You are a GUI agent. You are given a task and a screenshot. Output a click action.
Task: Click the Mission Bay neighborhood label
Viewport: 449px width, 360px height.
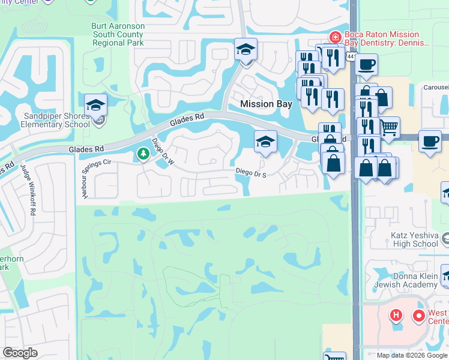click(266, 104)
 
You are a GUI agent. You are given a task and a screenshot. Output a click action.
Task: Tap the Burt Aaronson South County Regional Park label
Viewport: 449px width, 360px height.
click(118, 35)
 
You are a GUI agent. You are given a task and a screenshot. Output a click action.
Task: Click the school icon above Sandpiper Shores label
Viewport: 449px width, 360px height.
click(96, 105)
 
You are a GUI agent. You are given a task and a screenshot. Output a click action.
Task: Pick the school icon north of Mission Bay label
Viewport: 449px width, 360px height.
click(246, 49)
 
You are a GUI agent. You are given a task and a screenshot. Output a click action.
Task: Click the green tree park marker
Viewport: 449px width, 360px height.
click(143, 155)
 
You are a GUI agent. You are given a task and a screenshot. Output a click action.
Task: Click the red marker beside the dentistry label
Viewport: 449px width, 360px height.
click(335, 37)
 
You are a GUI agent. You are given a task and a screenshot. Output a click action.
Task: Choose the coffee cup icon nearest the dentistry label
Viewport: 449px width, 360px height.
click(366, 64)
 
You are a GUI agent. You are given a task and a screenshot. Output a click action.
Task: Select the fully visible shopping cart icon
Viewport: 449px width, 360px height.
click(390, 127)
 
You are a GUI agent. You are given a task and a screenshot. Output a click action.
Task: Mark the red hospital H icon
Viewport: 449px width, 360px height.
click(396, 314)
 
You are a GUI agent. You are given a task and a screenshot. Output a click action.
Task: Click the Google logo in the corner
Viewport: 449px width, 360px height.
click(20, 353)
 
